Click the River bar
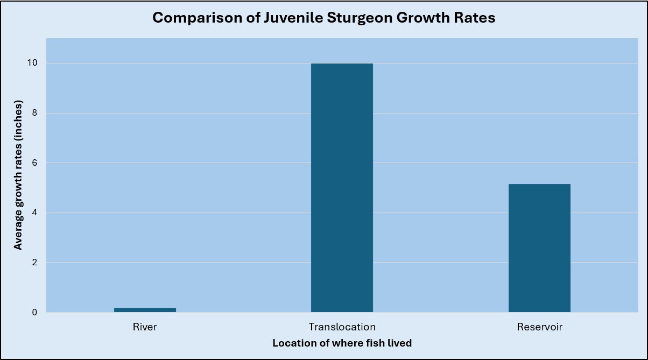click(x=145, y=310)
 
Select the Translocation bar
click(x=342, y=188)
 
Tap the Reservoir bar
click(x=539, y=248)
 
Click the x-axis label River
click(x=145, y=327)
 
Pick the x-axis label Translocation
click(x=342, y=327)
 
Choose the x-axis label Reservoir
click(x=539, y=327)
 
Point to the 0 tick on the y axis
click(x=34, y=312)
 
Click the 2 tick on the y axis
click(x=34, y=263)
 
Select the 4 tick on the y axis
click(x=34, y=213)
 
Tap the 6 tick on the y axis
click(x=34, y=163)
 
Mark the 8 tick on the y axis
click(x=34, y=113)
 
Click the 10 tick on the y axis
click(x=32, y=63)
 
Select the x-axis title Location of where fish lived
click(x=342, y=343)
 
